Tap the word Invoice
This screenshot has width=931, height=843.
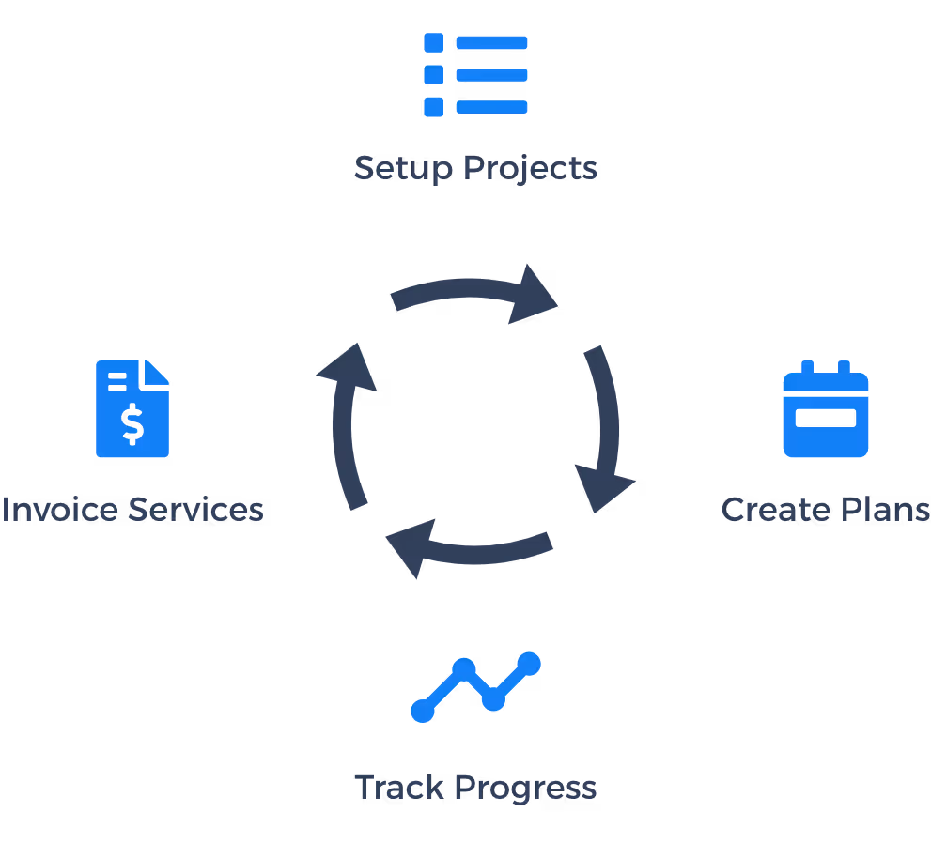60,510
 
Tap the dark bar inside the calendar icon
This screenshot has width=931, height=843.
826,419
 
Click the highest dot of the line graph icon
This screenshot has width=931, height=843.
530,664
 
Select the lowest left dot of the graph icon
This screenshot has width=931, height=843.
423,712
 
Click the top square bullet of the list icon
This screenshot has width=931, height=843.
433,42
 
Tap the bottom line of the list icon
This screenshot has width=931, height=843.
491,107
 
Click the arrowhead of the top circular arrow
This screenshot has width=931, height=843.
534,295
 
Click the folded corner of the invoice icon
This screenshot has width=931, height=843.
158,373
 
